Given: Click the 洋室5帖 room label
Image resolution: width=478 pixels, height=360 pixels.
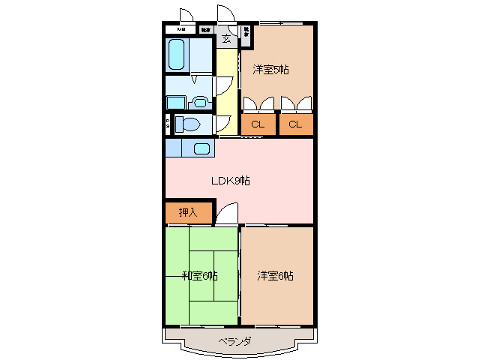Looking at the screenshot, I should click(x=270, y=70).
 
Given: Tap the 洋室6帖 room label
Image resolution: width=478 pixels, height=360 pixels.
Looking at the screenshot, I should click(x=275, y=275).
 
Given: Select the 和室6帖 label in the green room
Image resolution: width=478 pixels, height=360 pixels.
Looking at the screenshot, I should click(x=199, y=275).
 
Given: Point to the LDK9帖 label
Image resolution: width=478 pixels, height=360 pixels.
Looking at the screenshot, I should click(x=229, y=181).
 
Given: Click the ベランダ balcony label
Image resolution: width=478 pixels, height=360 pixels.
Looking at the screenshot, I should click(x=235, y=341).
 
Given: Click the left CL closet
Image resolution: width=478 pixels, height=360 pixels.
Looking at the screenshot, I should click(x=258, y=124).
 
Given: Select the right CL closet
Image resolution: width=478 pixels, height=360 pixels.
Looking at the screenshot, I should click(x=296, y=124).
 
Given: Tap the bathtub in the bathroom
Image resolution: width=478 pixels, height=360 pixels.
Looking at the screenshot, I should click(x=177, y=54).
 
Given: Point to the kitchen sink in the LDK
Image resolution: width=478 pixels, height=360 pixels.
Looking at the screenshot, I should click(x=201, y=148).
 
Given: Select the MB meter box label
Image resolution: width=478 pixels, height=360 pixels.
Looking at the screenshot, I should click(x=181, y=29).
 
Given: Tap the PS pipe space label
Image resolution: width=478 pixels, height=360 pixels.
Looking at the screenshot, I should click(x=168, y=124).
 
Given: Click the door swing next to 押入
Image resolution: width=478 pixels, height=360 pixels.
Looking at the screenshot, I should click(x=227, y=214).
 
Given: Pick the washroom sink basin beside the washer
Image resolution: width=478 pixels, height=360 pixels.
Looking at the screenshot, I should click(x=199, y=102).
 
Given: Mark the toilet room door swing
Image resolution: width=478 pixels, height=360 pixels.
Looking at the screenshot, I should click(x=223, y=124).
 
